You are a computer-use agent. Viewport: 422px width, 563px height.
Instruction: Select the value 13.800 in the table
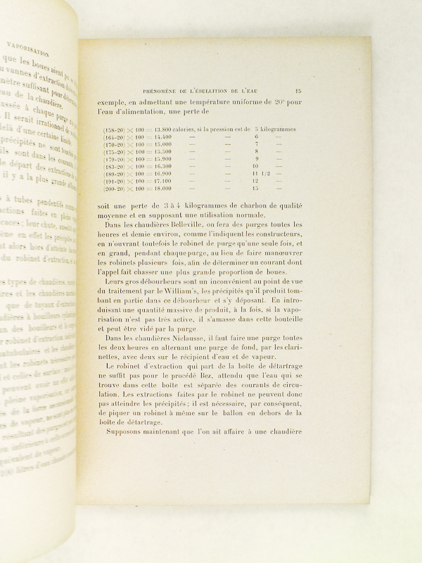pyautogui.click(x=163, y=129)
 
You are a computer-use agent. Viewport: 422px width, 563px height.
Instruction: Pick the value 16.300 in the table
pyautogui.click(x=163, y=164)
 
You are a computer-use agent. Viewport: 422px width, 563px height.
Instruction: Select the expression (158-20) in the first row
pyautogui.click(x=114, y=129)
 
